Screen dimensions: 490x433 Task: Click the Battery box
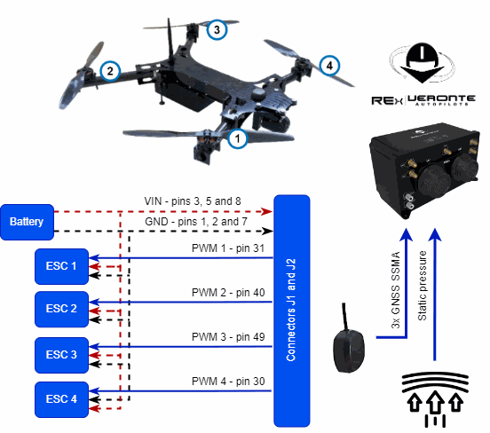click(28, 222)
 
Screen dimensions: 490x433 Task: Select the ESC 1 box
click(61, 266)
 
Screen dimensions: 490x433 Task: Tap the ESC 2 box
click(61, 310)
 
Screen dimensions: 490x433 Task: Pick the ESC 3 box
click(61, 355)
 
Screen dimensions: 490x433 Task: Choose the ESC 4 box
click(61, 399)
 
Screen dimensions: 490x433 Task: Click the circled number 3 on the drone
click(217, 29)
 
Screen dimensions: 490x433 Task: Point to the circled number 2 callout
click(110, 71)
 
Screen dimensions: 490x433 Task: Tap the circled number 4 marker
click(329, 66)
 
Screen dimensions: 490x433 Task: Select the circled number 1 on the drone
click(238, 138)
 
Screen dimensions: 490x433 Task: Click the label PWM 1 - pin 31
click(228, 248)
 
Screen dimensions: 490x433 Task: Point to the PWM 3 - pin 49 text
click(228, 337)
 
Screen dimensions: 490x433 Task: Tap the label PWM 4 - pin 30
click(228, 382)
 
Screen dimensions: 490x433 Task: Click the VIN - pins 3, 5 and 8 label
click(193, 201)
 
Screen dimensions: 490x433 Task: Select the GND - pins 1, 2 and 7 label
click(196, 222)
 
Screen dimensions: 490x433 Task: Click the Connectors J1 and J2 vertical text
click(290, 310)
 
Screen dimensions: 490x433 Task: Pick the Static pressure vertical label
click(422, 286)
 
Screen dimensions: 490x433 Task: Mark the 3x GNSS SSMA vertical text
click(396, 290)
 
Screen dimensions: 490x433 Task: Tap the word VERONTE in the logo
click(441, 99)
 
